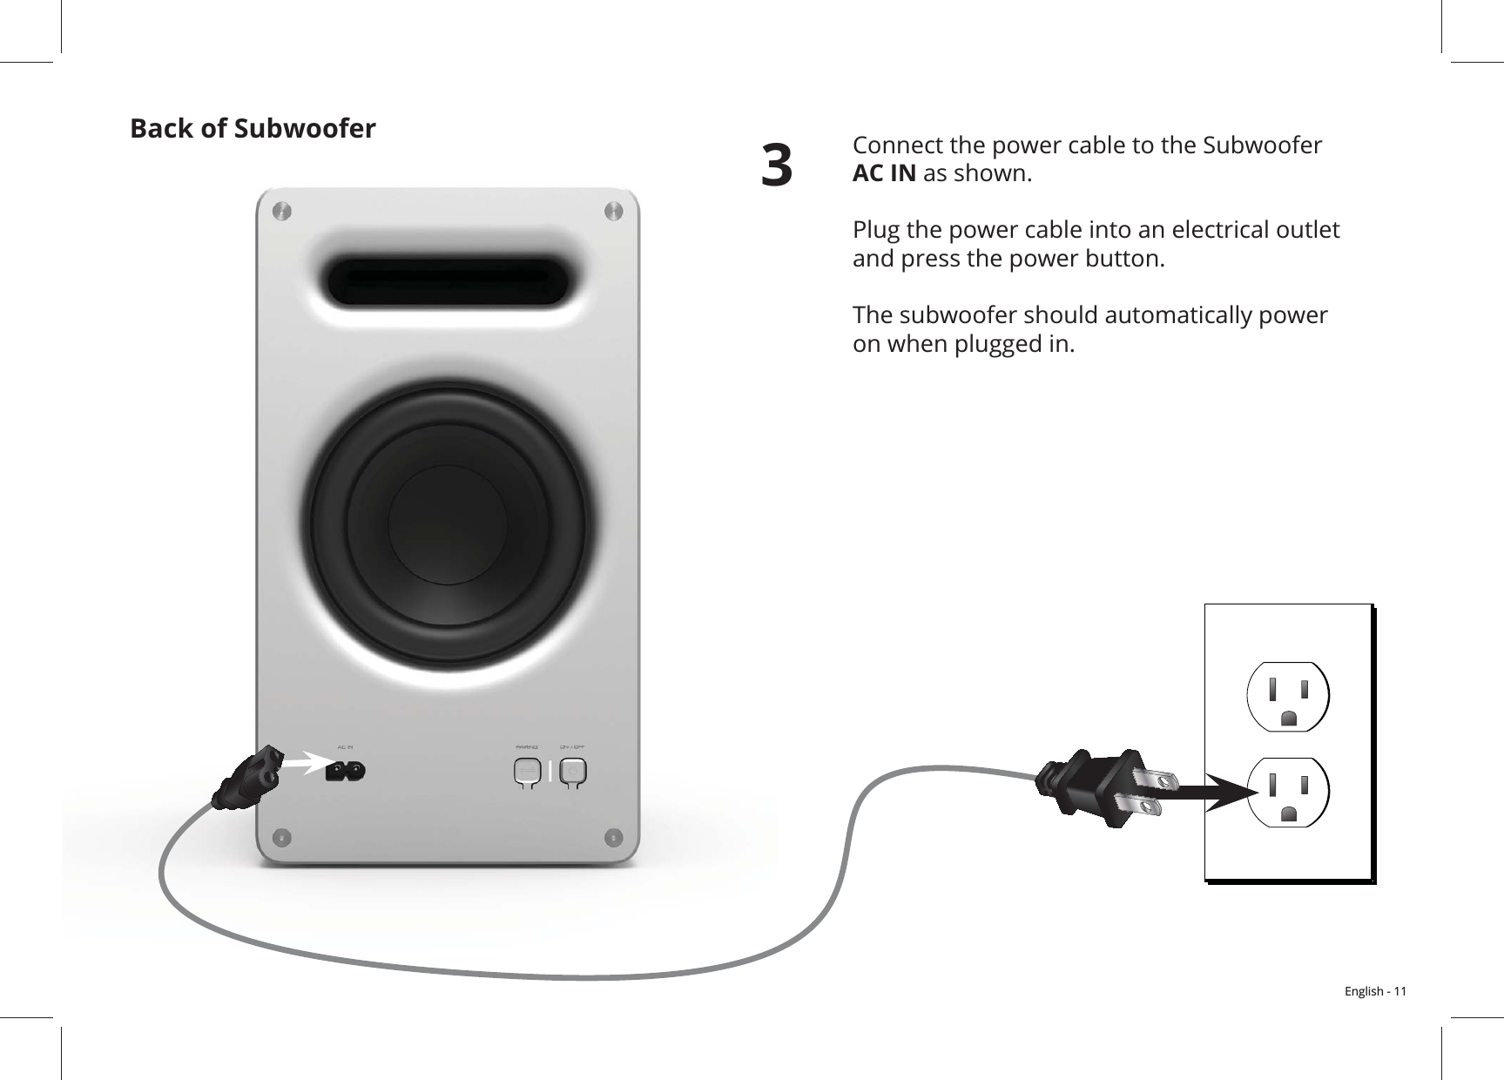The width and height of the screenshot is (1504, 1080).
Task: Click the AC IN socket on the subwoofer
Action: (x=345, y=772)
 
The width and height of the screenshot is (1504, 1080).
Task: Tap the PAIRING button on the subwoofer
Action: (x=526, y=772)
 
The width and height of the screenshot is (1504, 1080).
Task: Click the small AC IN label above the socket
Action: (x=346, y=747)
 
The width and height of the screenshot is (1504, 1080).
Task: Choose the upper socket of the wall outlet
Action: (x=1288, y=696)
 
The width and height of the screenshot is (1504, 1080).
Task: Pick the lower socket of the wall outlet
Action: (x=1288, y=792)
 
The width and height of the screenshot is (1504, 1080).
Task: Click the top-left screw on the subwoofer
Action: (x=280, y=212)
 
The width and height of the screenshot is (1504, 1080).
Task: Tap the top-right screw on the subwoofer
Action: (x=613, y=212)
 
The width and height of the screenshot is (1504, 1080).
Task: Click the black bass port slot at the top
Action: (x=448, y=281)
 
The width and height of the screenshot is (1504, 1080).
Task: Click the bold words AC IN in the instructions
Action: (x=883, y=173)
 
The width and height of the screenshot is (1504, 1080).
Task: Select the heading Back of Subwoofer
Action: (x=253, y=129)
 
